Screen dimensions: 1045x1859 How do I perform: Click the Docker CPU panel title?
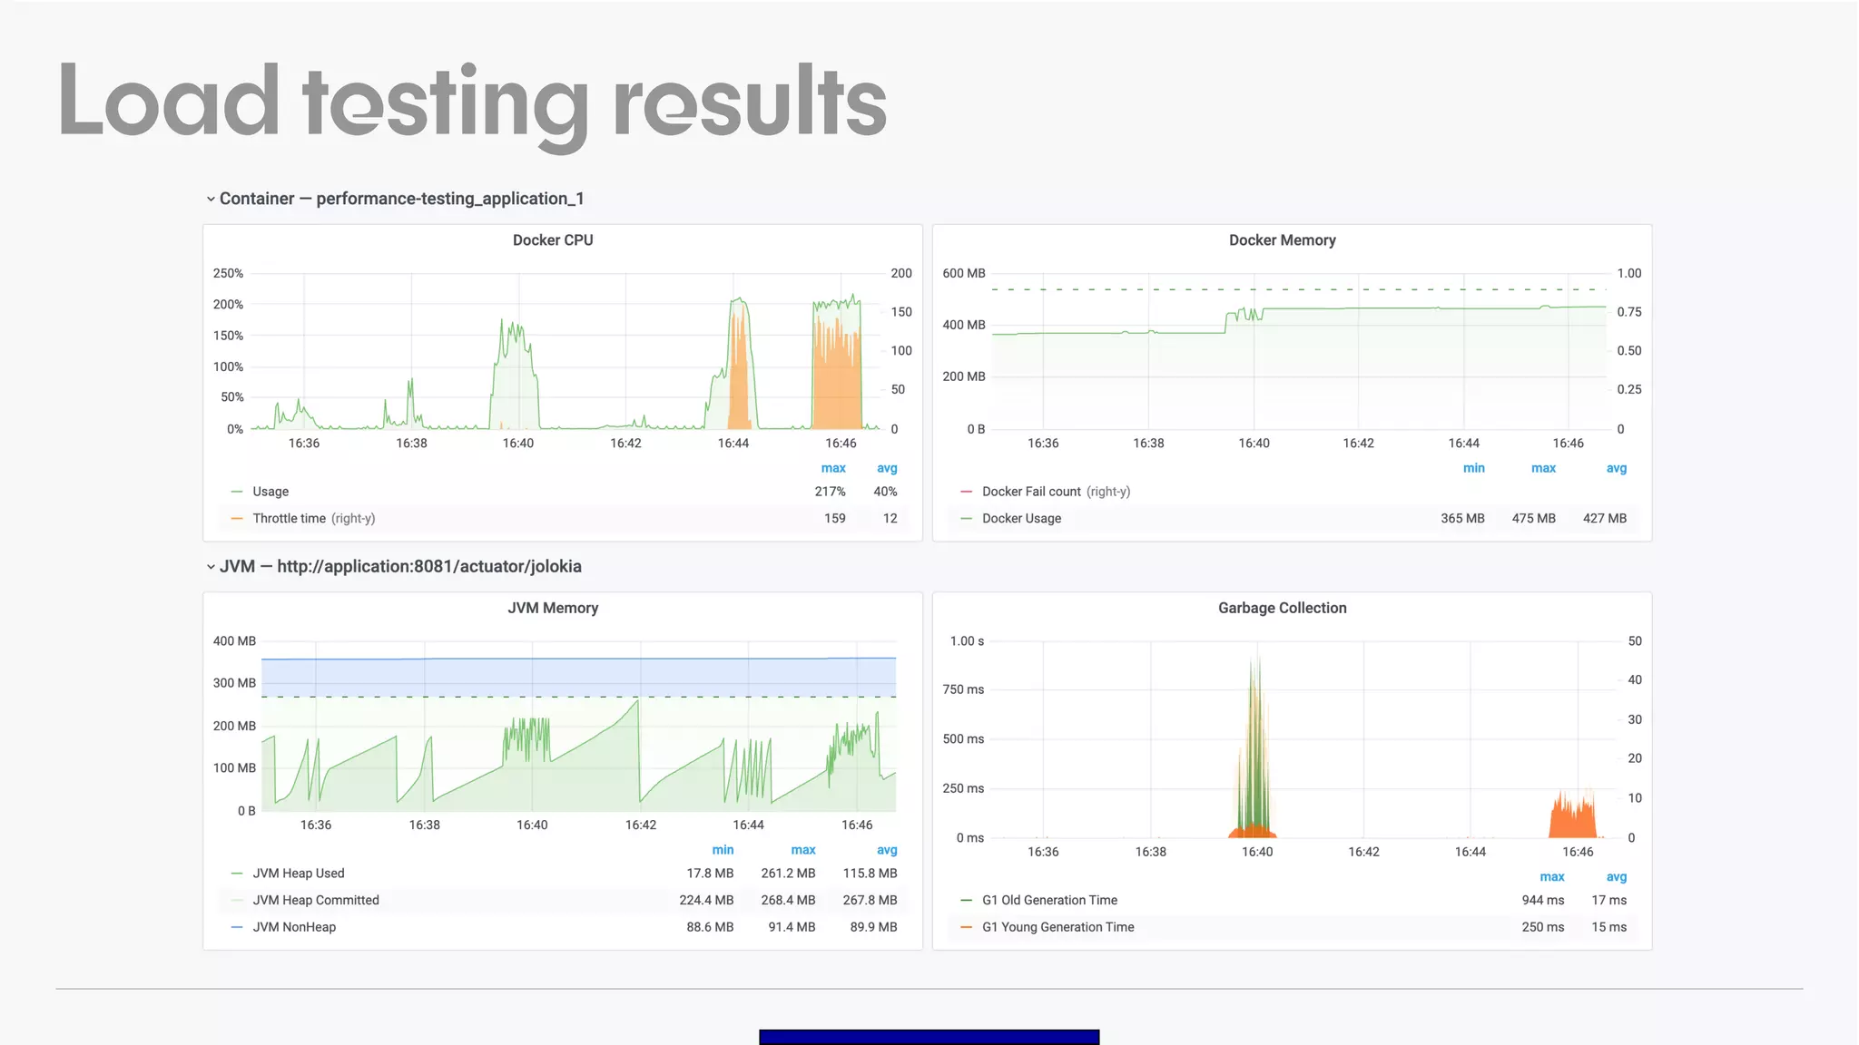click(553, 240)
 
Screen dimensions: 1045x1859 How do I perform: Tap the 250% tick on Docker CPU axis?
click(228, 273)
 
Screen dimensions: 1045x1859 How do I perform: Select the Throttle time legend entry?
click(289, 519)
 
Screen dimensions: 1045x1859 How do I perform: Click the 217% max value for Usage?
click(830, 492)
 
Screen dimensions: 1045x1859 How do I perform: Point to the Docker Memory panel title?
click(1282, 240)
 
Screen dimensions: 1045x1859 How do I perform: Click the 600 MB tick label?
click(963, 273)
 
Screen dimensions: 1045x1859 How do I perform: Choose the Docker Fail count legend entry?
click(1031, 492)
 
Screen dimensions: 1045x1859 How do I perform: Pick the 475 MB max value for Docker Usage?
click(1533, 519)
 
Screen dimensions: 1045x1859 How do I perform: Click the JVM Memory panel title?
click(553, 608)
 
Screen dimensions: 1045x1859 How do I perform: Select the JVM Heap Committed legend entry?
click(315, 900)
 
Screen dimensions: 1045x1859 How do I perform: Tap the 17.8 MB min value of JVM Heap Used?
click(710, 874)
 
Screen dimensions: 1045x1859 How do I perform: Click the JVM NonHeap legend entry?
click(294, 927)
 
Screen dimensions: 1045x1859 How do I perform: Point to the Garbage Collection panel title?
click(1282, 608)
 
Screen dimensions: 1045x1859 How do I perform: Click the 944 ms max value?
click(1542, 900)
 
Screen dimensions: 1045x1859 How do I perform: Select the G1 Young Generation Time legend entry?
click(1057, 927)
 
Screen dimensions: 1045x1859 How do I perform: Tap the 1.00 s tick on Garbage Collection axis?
click(967, 641)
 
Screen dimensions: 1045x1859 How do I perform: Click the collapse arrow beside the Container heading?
click(211, 200)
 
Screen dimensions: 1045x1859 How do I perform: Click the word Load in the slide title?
click(169, 102)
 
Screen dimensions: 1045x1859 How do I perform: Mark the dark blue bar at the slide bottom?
click(929, 1037)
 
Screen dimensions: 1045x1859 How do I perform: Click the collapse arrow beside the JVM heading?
click(211, 567)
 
